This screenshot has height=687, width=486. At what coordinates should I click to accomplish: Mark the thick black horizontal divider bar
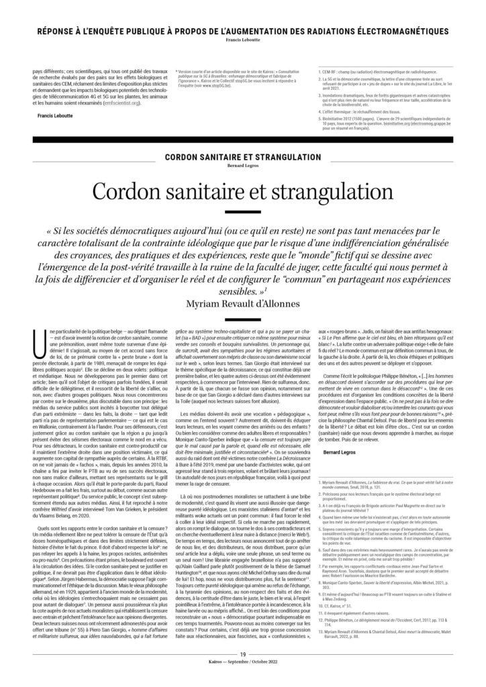(243, 139)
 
